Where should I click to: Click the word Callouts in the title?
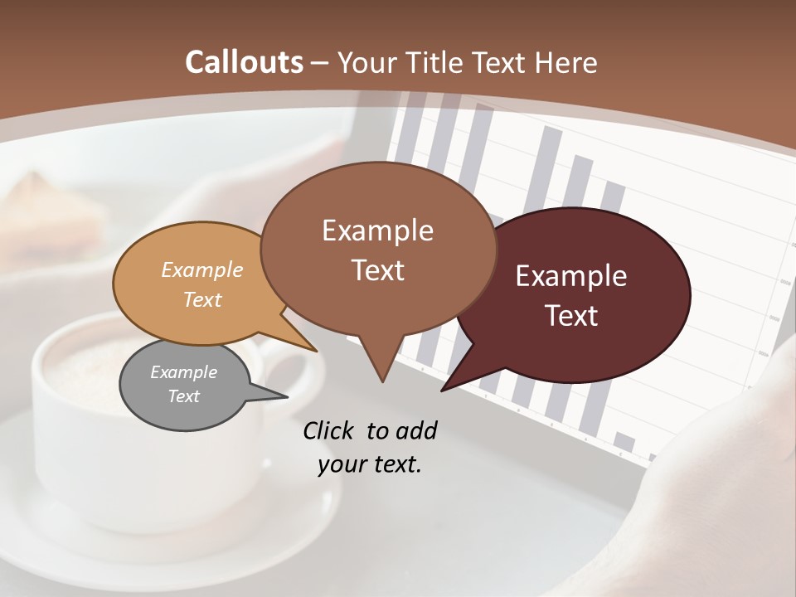point(244,62)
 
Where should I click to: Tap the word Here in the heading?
point(563,62)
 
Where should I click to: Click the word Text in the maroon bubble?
point(571,316)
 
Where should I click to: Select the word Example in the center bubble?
point(377,231)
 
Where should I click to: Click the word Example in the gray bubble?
point(183,372)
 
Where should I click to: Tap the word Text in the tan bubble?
point(202,299)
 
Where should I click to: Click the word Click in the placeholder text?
point(329,430)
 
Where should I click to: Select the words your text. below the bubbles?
point(370,464)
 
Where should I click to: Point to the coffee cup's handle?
point(290,373)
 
